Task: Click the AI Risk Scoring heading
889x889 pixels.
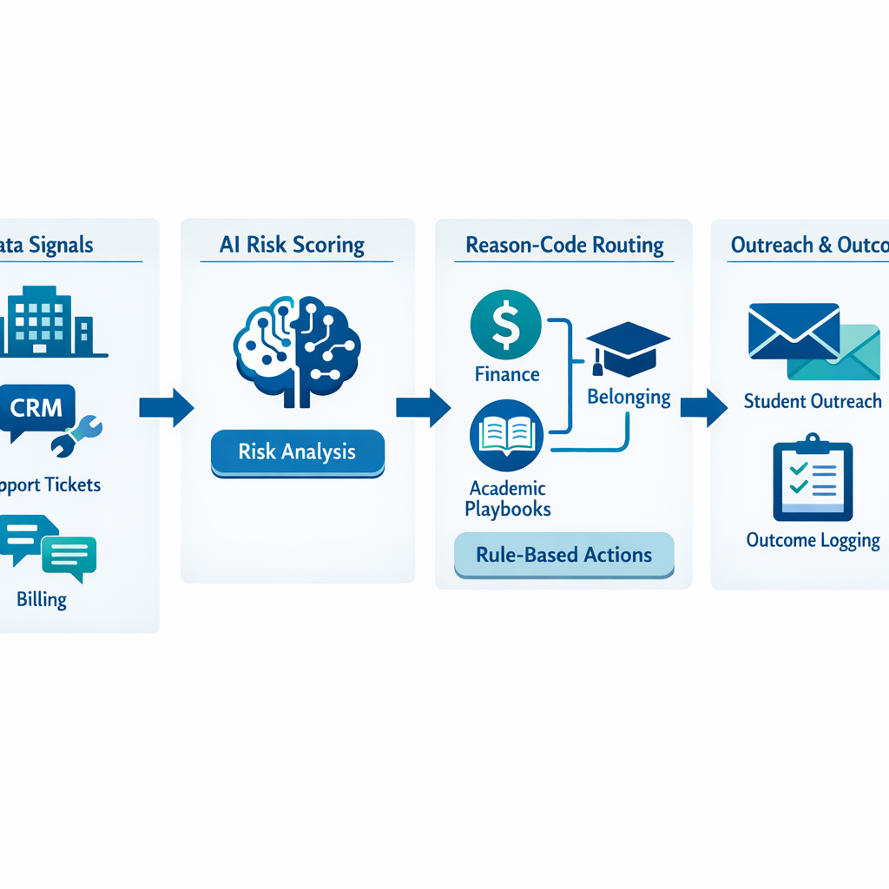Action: [x=292, y=245]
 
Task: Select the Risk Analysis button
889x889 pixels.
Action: [x=297, y=452]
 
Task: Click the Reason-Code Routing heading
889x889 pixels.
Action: [x=564, y=245]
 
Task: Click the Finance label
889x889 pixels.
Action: [x=507, y=374]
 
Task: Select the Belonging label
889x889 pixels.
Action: [x=629, y=398]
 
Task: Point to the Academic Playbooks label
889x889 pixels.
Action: [x=507, y=499]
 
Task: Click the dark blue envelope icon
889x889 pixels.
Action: [x=793, y=331]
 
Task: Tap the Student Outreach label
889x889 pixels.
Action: [x=813, y=401]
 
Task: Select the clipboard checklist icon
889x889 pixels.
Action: [x=812, y=479]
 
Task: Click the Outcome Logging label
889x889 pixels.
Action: [x=813, y=541]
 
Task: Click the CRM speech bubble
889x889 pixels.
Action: [x=37, y=411]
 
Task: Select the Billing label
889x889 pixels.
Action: [x=42, y=599]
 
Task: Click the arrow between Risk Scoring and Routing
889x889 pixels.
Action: [x=423, y=407]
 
